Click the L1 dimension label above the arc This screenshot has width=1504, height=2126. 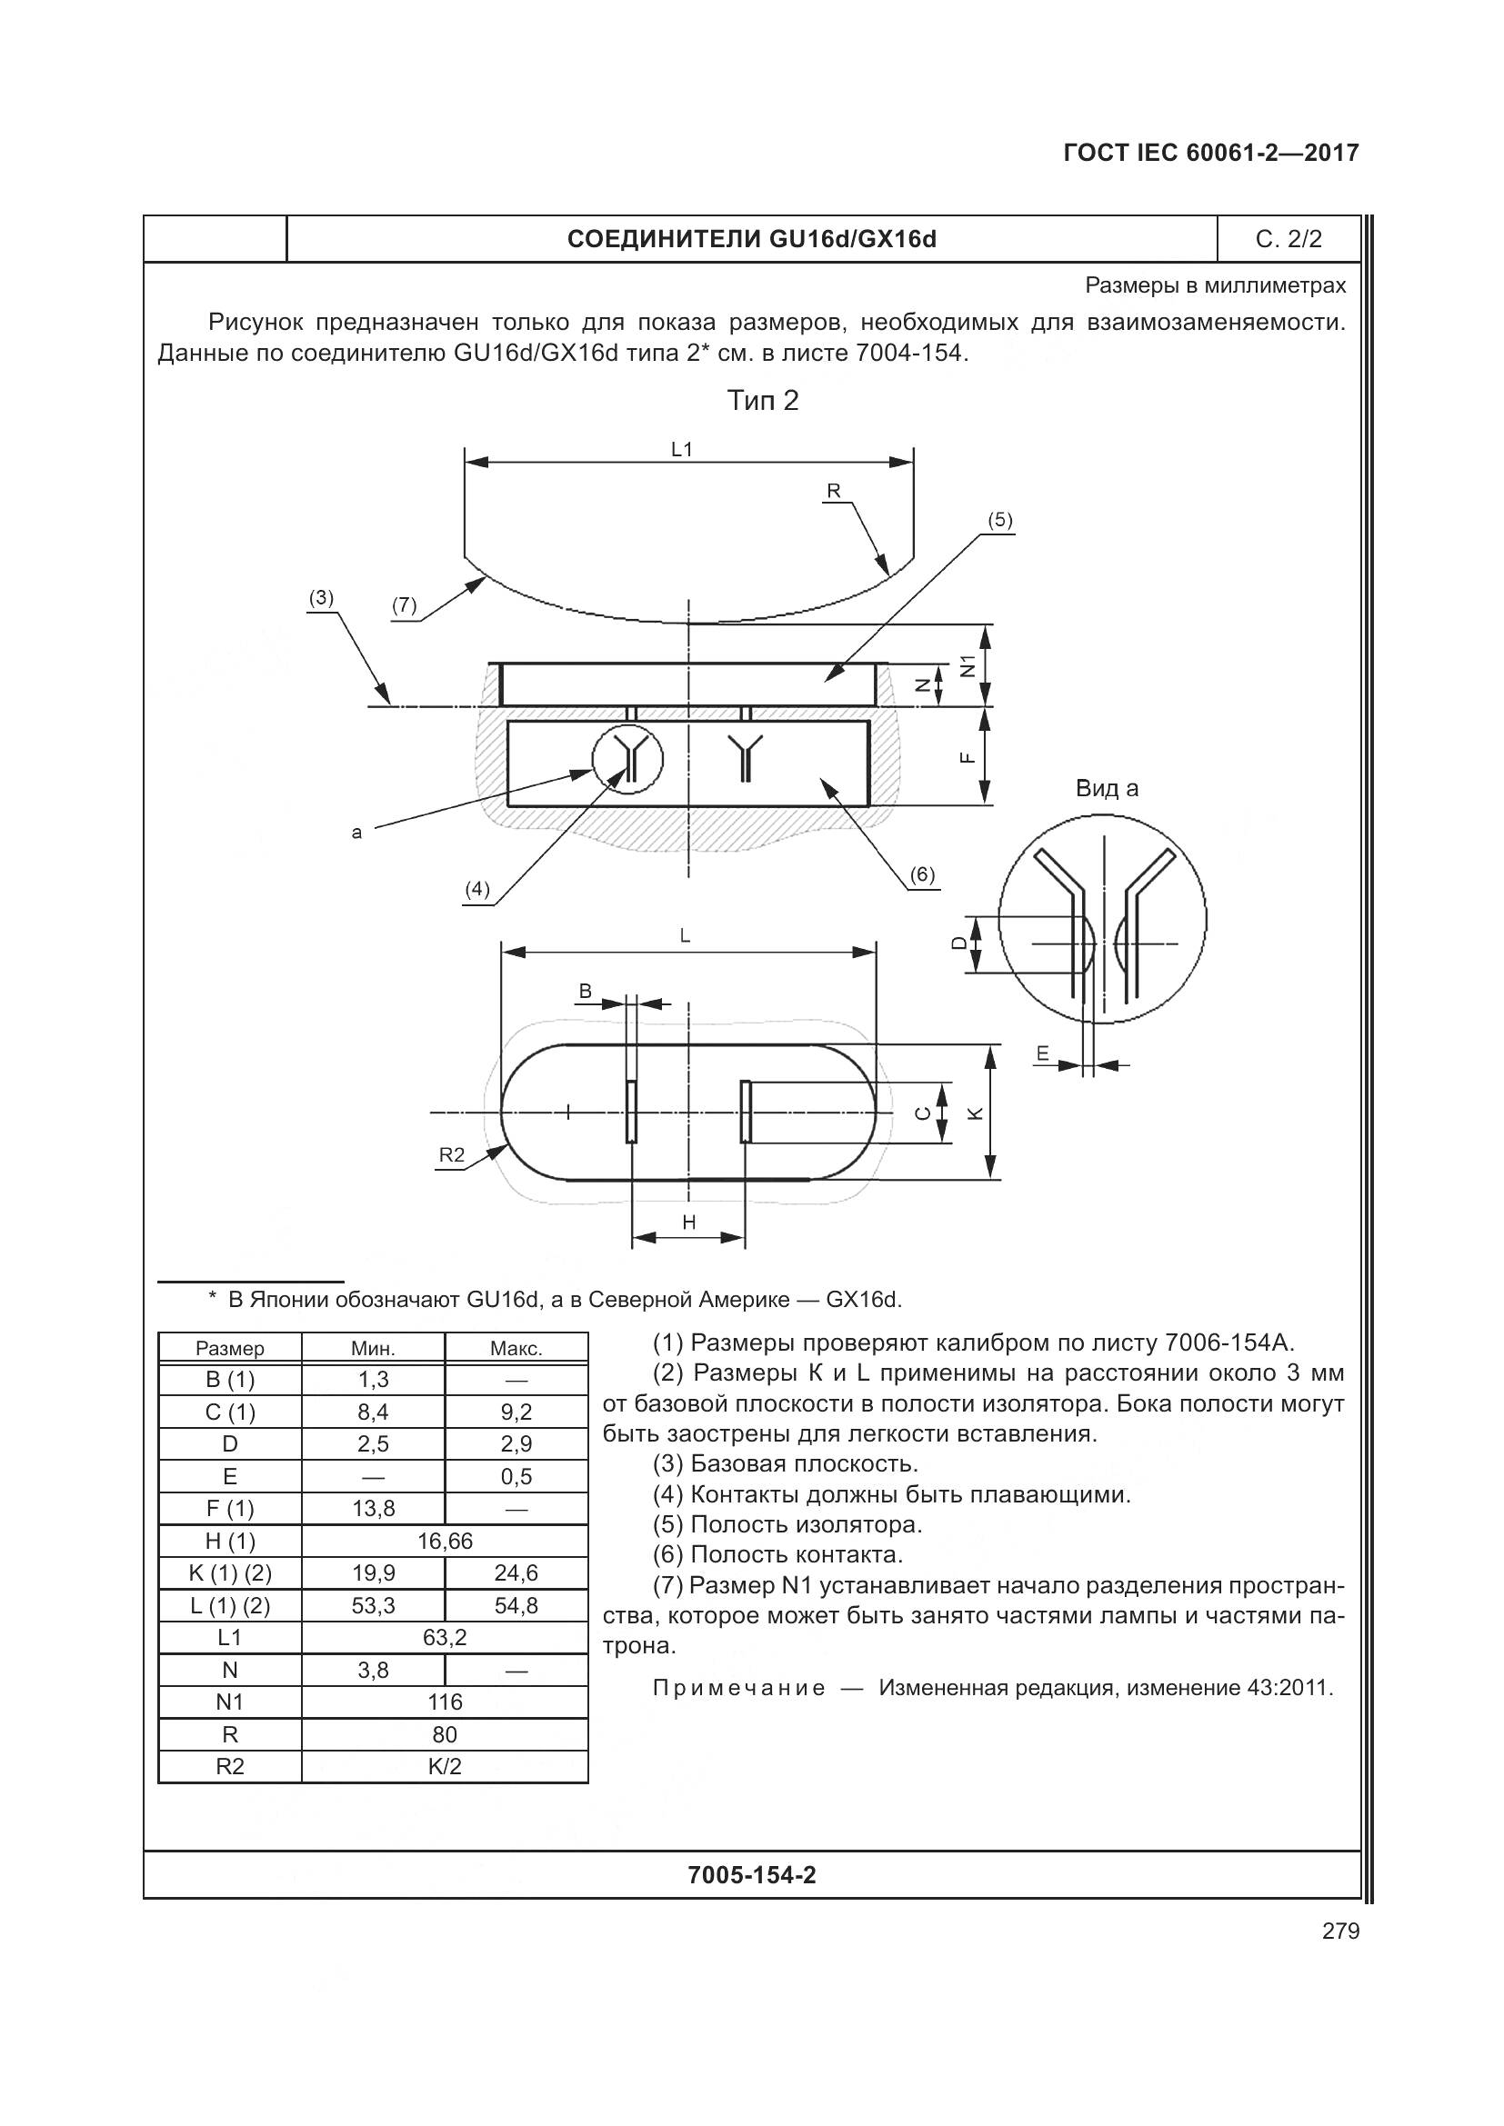tap(682, 449)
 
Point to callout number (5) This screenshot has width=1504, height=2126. tap(999, 521)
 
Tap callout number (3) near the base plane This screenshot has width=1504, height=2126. tap(320, 598)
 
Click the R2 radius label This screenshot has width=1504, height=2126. tap(451, 1154)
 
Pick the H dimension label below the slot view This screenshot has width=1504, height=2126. tap(688, 1223)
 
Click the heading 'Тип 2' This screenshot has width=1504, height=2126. tap(762, 400)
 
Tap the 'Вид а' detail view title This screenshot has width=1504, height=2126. tap(1107, 789)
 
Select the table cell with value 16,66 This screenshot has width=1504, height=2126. tap(445, 1541)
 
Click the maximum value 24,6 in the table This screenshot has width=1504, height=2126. tap(516, 1573)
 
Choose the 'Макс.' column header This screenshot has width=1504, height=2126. tap(516, 1348)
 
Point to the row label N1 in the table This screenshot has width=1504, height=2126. tap(230, 1702)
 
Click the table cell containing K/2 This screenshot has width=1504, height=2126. tap(445, 1767)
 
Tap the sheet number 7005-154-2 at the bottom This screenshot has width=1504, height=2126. tap(752, 1875)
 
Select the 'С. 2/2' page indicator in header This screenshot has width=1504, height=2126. tap(1288, 240)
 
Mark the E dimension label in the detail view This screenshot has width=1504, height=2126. tap(1043, 1053)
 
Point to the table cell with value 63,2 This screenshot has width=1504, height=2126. tap(445, 1637)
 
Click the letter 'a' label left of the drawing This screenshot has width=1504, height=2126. tap(357, 833)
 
